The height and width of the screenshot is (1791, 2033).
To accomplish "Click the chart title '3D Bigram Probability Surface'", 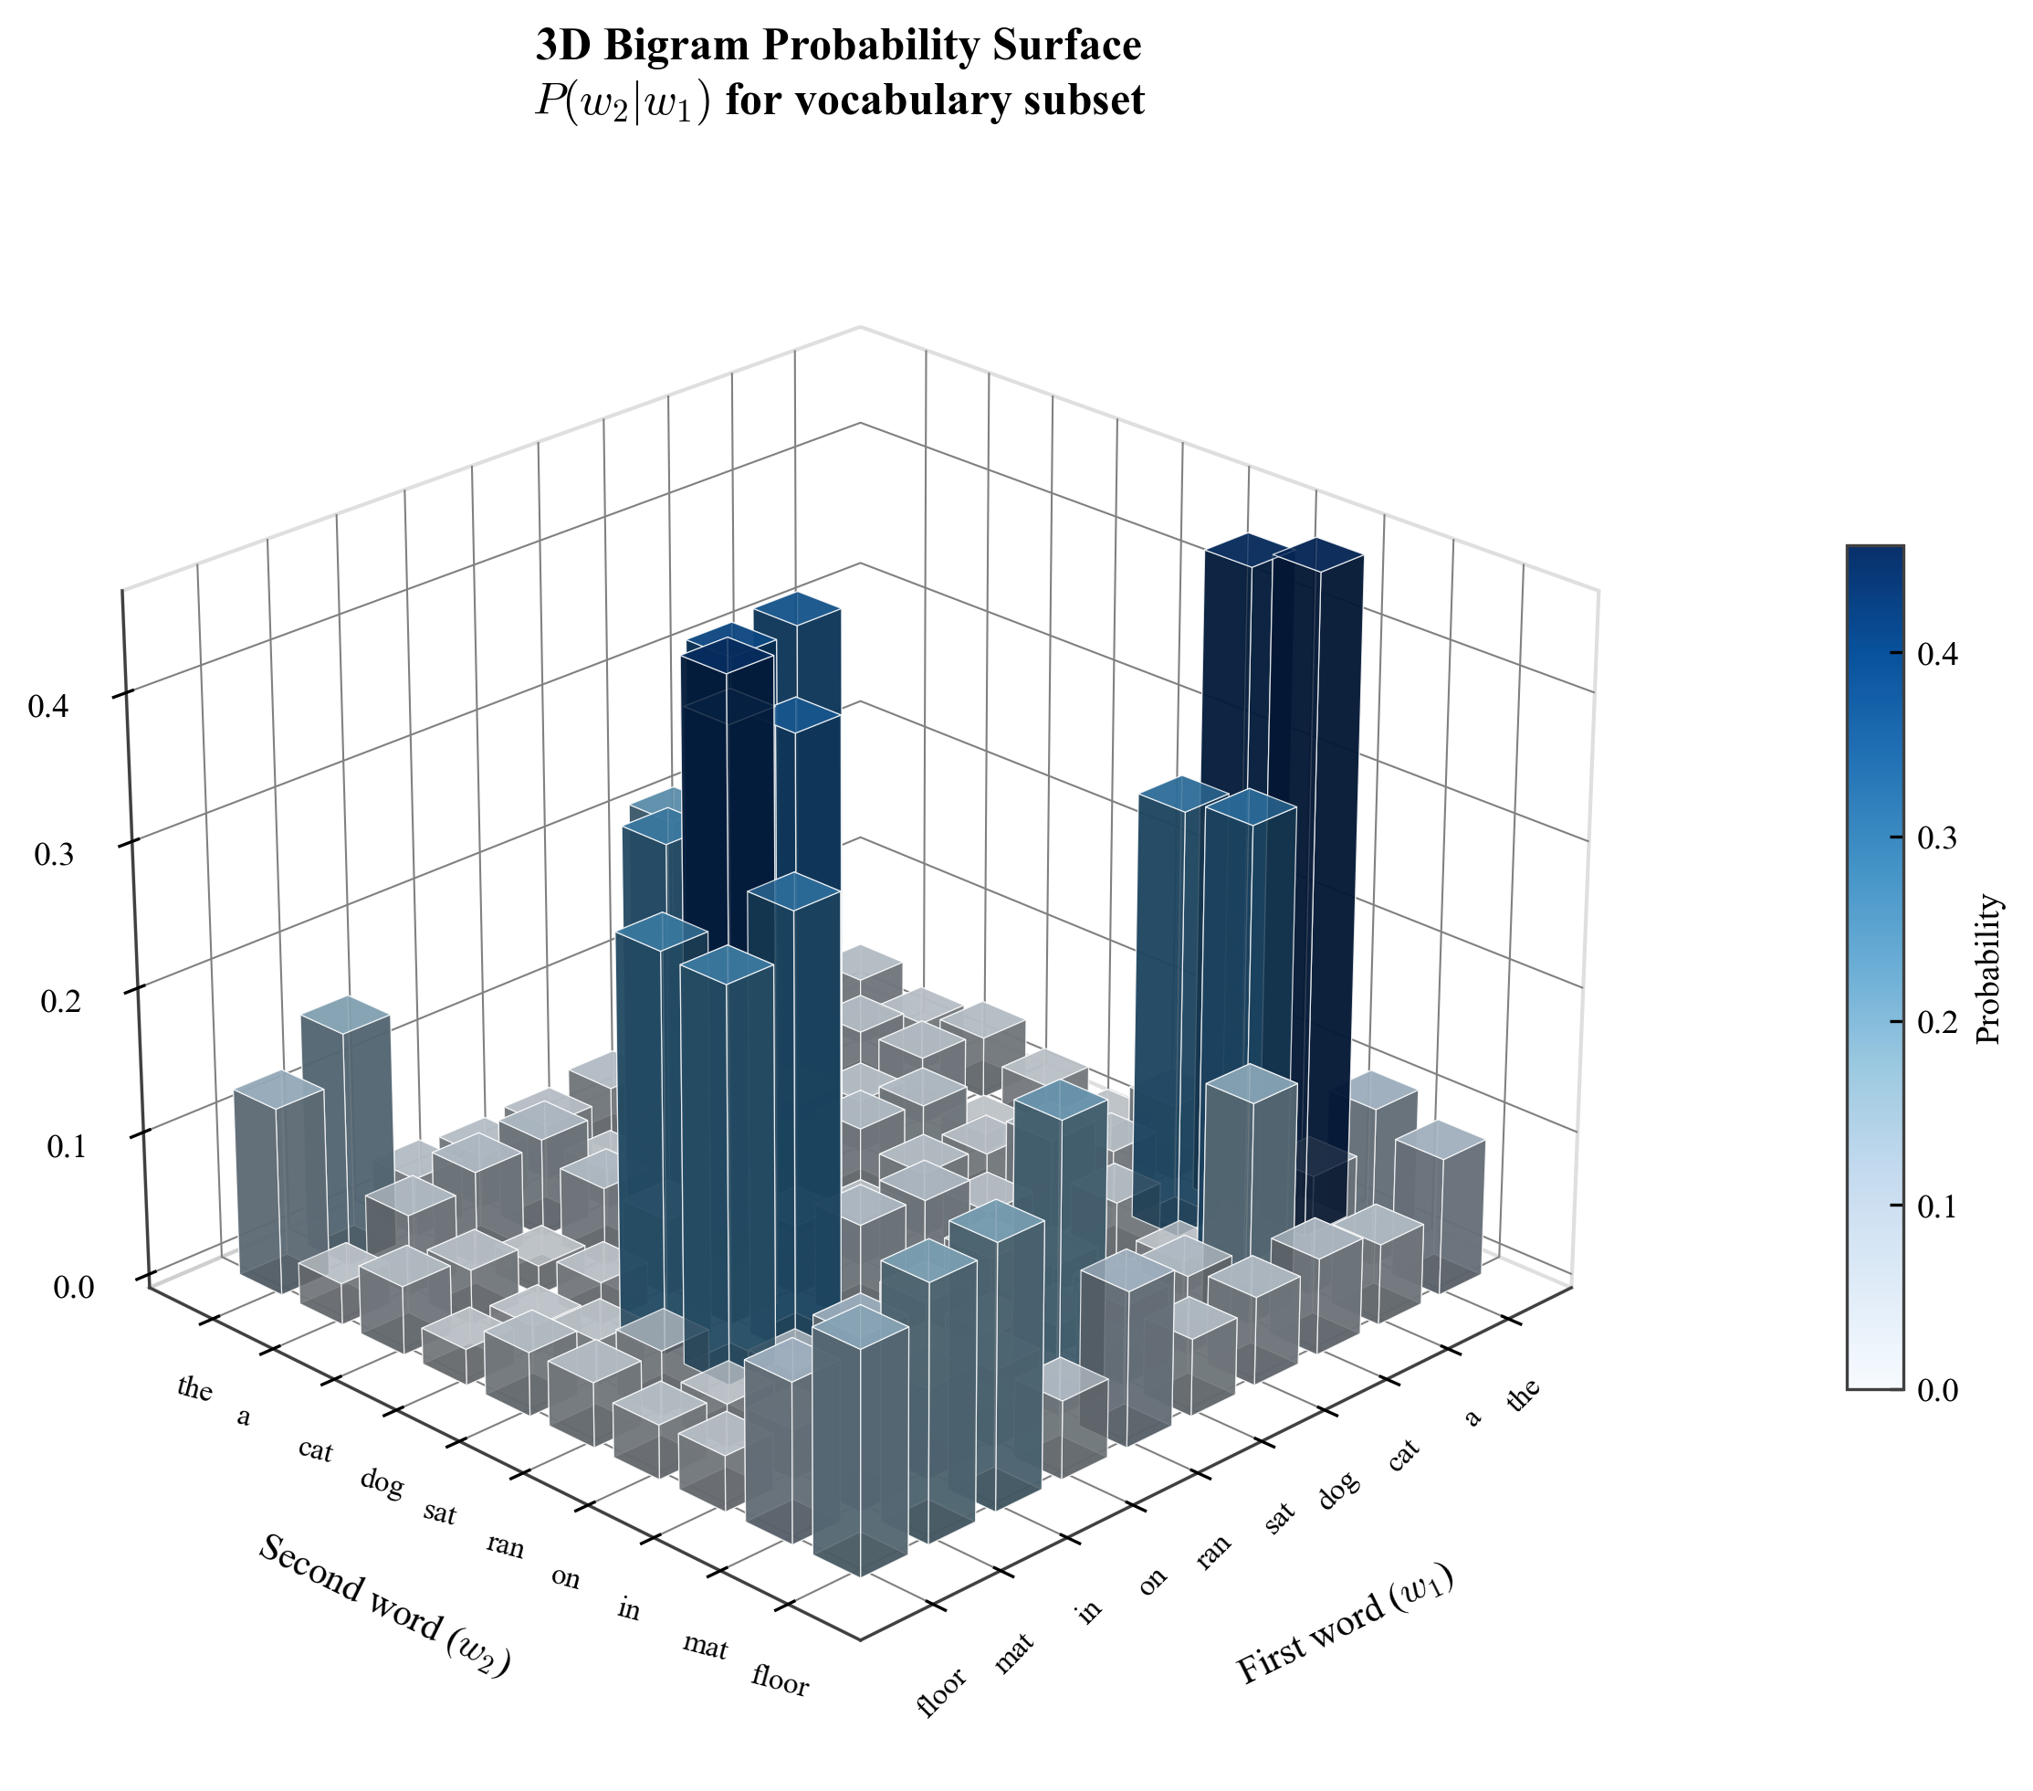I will [x=838, y=46].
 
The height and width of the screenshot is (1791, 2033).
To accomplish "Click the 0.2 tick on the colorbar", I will [x=1934, y=1023].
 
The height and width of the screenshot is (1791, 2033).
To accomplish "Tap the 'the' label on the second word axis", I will [x=195, y=1387].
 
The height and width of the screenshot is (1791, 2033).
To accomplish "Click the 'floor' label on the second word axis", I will [x=780, y=1680].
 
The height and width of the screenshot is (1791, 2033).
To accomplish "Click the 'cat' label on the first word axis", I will [x=1403, y=1458].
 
